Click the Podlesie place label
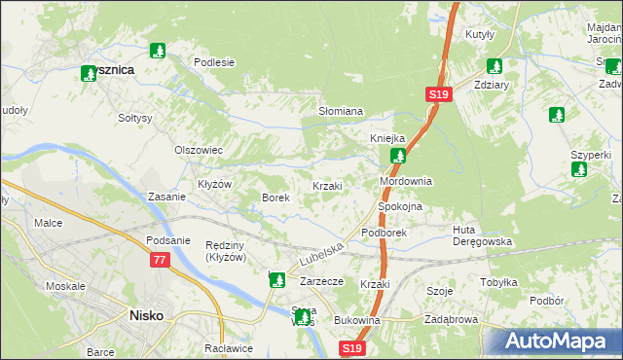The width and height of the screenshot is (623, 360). [x=214, y=62]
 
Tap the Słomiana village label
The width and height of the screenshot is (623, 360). [x=341, y=112]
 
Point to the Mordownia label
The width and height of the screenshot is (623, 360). [x=405, y=182]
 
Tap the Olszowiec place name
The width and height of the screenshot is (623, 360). [x=199, y=150]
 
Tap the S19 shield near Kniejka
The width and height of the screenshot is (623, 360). [x=437, y=94]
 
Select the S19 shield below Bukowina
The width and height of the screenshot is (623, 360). [x=352, y=347]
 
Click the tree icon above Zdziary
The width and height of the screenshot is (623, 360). [x=494, y=66]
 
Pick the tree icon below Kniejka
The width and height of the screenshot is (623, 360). [x=397, y=156]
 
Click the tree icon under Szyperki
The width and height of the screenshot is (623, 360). [x=579, y=169]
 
